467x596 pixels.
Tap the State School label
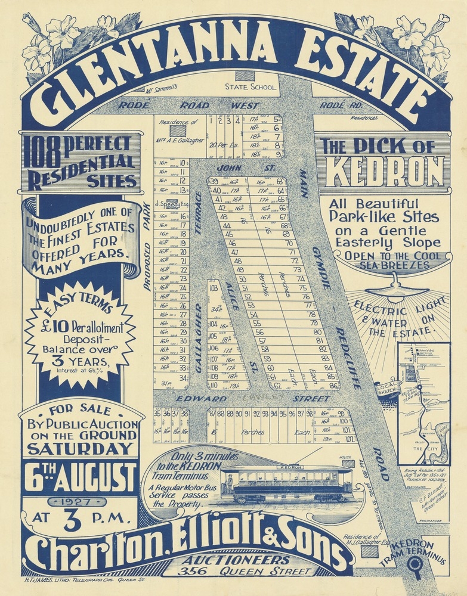tap(250, 87)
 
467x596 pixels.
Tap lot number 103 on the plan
tap(214, 287)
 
